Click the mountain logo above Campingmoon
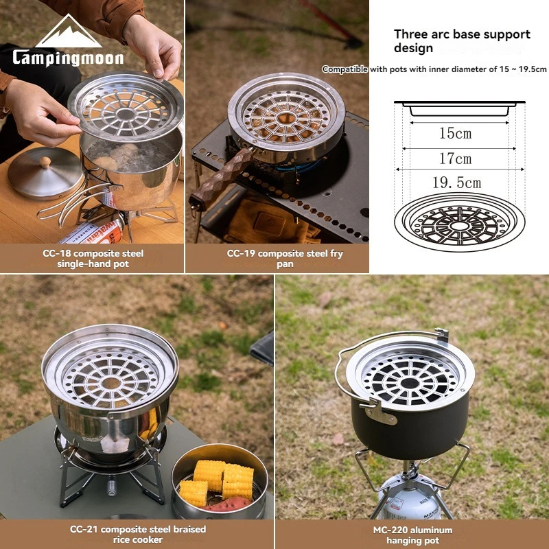coord(69,32)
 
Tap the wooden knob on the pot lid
coord(45,162)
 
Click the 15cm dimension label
coord(455,133)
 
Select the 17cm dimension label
coord(455,159)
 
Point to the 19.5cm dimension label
coord(456,183)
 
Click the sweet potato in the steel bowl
coord(228,504)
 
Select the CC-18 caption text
coord(93,259)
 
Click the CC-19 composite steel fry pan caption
coord(285,259)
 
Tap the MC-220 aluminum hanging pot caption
coord(412,535)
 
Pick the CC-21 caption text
coord(138,534)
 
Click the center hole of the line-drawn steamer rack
coord(459,226)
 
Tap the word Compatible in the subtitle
coord(345,69)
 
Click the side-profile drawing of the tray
coord(459,108)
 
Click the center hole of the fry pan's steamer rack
coord(286,118)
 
